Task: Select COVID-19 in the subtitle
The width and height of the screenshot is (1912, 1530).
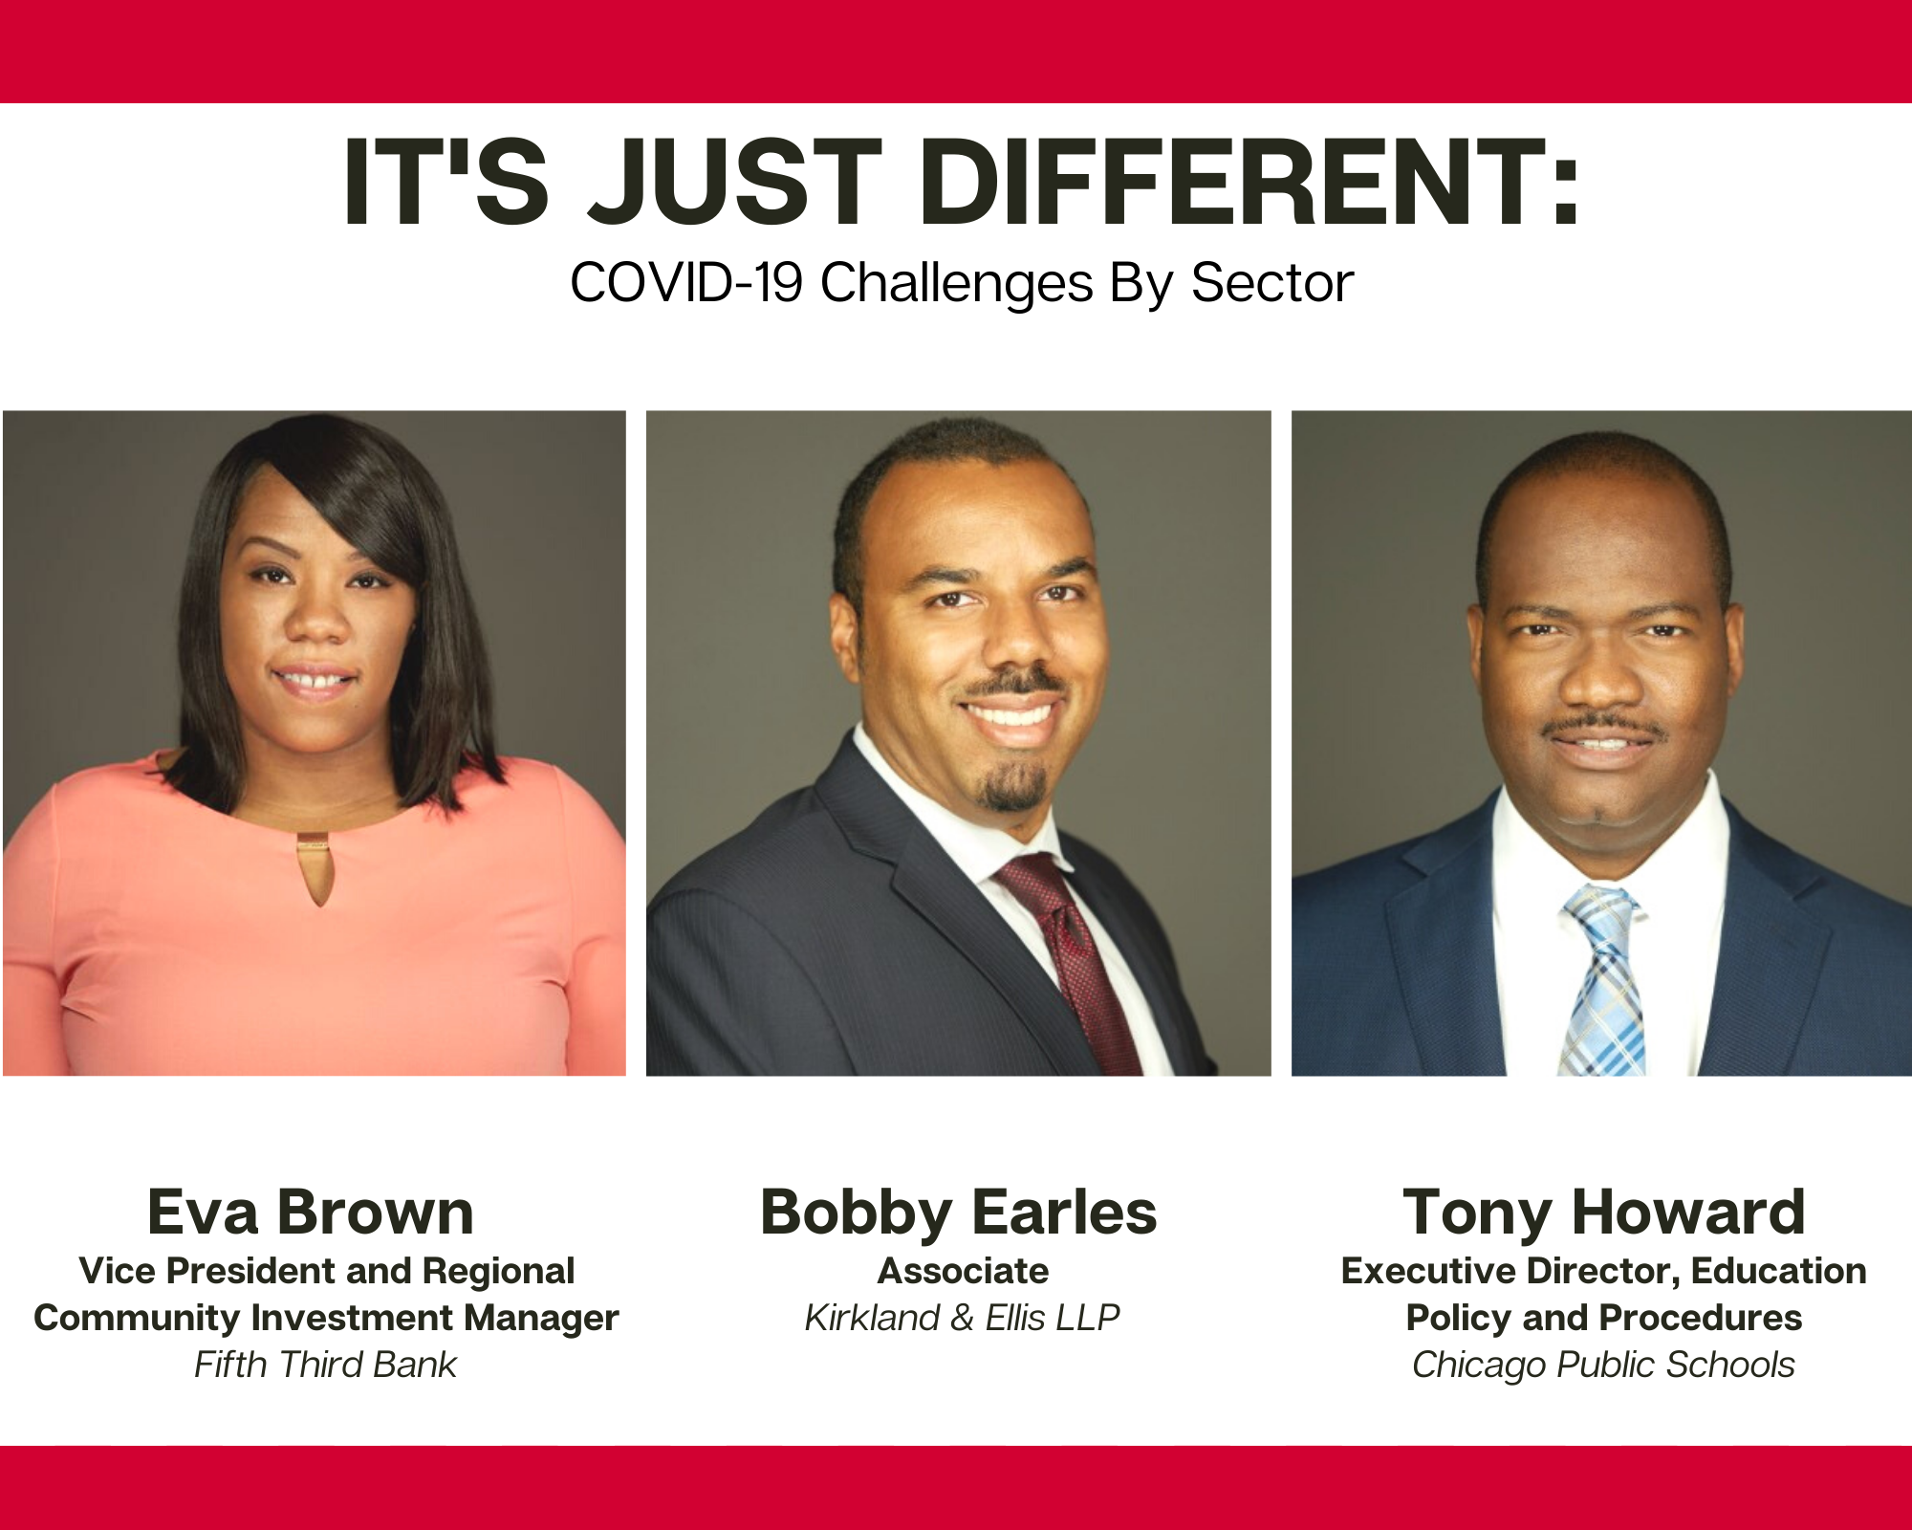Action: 686,283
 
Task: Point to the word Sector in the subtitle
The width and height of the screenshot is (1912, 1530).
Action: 1272,283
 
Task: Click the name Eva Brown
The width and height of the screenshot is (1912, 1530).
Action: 311,1212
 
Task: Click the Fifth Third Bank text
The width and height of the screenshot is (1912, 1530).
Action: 326,1365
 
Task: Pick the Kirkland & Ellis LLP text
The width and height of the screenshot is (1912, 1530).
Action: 962,1318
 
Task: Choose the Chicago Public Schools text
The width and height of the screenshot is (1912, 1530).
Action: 1604,1366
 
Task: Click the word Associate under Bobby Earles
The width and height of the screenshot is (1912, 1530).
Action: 964,1271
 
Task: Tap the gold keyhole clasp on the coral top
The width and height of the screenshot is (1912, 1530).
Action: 314,865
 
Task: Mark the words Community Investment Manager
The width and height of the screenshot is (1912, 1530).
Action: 326,1318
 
